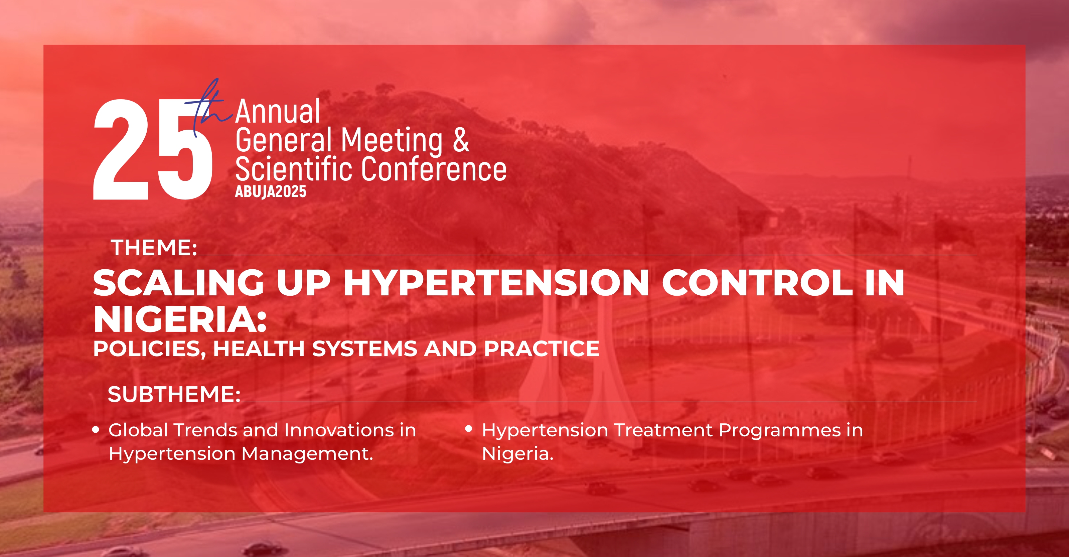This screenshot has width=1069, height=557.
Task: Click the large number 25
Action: (x=153, y=150)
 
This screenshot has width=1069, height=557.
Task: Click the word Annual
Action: (x=278, y=112)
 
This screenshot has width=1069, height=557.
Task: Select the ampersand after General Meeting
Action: (x=461, y=140)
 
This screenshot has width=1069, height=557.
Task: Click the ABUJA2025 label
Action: (x=271, y=191)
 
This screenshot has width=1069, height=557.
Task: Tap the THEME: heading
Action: (x=154, y=248)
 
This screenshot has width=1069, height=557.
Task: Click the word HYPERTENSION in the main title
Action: (x=496, y=283)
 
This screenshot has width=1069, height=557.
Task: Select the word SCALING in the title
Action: (x=179, y=283)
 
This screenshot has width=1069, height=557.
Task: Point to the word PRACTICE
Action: (x=542, y=349)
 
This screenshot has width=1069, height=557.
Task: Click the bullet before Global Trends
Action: (x=96, y=430)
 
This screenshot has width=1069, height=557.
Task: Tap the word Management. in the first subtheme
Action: (x=307, y=454)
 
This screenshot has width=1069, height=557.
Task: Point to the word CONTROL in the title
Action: (x=757, y=283)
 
